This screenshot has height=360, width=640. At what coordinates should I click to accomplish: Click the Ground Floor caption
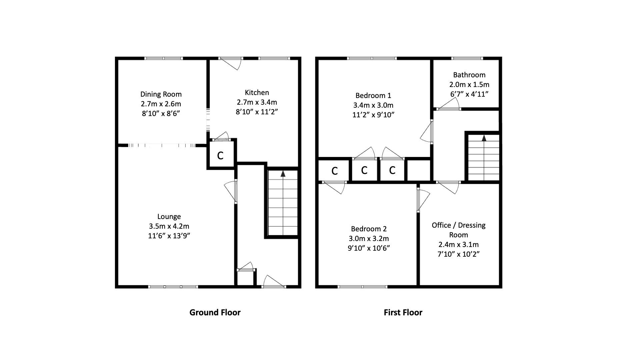(x=215, y=312)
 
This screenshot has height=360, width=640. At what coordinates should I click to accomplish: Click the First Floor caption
(x=403, y=312)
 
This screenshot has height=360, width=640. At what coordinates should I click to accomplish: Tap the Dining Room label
(x=161, y=94)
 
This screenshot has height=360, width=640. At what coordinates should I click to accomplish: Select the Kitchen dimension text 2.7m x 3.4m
(x=257, y=102)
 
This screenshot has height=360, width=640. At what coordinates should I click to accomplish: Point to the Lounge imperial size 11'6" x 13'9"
(x=169, y=236)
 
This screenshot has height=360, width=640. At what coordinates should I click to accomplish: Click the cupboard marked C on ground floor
(x=220, y=155)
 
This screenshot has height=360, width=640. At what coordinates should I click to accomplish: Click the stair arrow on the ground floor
(x=283, y=174)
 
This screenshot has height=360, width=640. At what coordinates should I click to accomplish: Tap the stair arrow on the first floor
(x=484, y=138)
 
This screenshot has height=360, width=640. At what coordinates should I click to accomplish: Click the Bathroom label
(x=469, y=75)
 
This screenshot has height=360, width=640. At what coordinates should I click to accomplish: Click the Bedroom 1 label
(x=373, y=95)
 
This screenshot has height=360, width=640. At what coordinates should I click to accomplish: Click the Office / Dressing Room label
(x=458, y=230)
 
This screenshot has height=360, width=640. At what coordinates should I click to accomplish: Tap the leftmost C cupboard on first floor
(x=334, y=171)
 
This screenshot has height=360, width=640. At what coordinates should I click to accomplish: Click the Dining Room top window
(x=164, y=58)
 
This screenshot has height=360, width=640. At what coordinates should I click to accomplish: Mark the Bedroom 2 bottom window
(x=362, y=286)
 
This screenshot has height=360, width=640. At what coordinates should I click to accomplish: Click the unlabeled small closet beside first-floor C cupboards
(x=419, y=170)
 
